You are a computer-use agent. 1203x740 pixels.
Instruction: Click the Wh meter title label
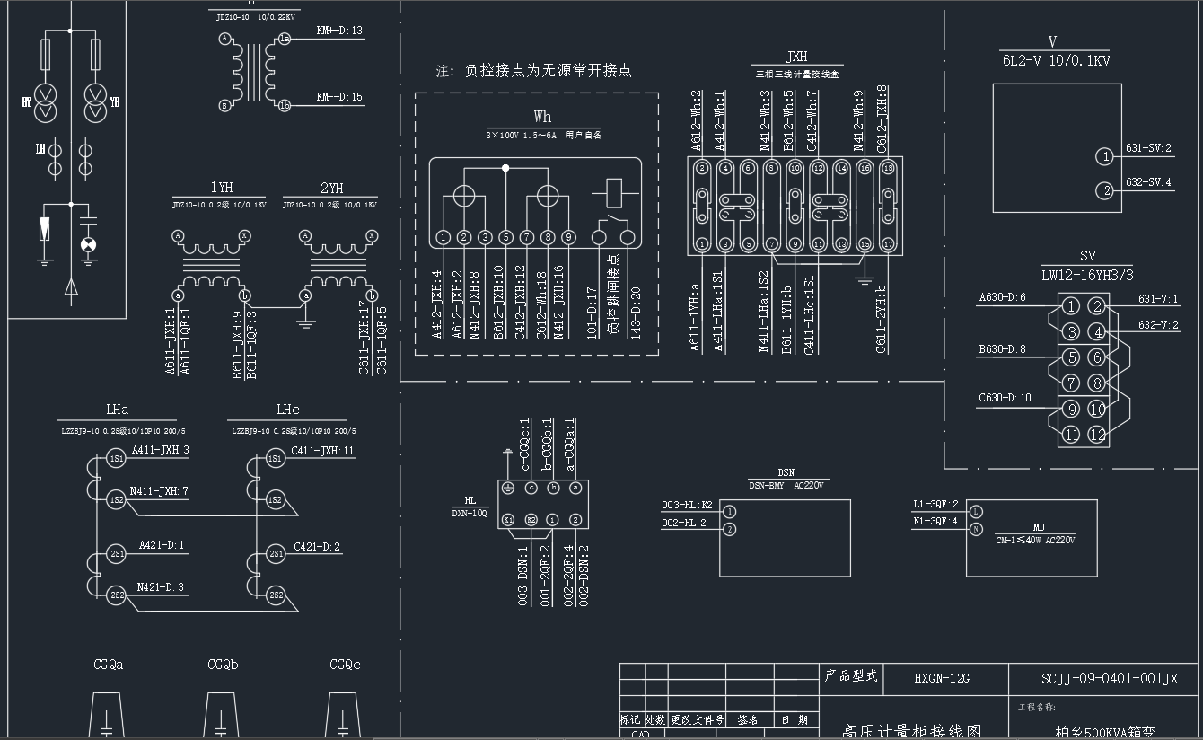pyautogui.click(x=542, y=117)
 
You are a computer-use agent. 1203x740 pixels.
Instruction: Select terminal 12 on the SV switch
pyautogui.click(x=1096, y=435)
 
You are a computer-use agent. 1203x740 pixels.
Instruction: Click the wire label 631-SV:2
pyautogui.click(x=1148, y=148)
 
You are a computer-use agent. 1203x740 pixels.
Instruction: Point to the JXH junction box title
pyautogui.click(x=796, y=57)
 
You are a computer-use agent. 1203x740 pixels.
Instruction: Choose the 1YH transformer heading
pyautogui.click(x=221, y=188)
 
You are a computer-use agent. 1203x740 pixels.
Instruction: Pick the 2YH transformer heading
pyautogui.click(x=331, y=188)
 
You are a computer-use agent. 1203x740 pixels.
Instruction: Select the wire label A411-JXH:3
pyautogui.click(x=161, y=450)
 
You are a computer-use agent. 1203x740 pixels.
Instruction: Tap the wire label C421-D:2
pyautogui.click(x=317, y=546)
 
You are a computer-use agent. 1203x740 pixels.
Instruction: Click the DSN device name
pyautogui.click(x=786, y=473)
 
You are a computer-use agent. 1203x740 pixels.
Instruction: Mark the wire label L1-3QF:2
pyautogui.click(x=935, y=505)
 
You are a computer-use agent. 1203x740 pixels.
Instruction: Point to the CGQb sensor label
pyautogui.click(x=223, y=665)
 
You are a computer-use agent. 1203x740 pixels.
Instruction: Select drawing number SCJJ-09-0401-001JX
pyautogui.click(x=1110, y=679)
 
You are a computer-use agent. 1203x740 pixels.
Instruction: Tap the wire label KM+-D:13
pyautogui.click(x=339, y=31)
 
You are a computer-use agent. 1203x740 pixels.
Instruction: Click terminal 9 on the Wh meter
pyautogui.click(x=568, y=238)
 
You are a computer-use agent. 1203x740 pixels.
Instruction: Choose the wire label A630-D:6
pyautogui.click(x=1002, y=298)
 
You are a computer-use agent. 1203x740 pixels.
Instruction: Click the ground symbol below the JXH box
pyautogui.click(x=864, y=280)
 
